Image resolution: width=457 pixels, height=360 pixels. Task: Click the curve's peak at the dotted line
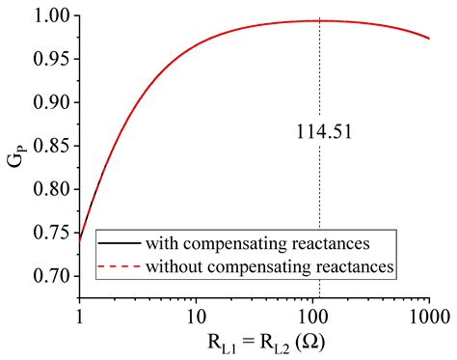point(319,20)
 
